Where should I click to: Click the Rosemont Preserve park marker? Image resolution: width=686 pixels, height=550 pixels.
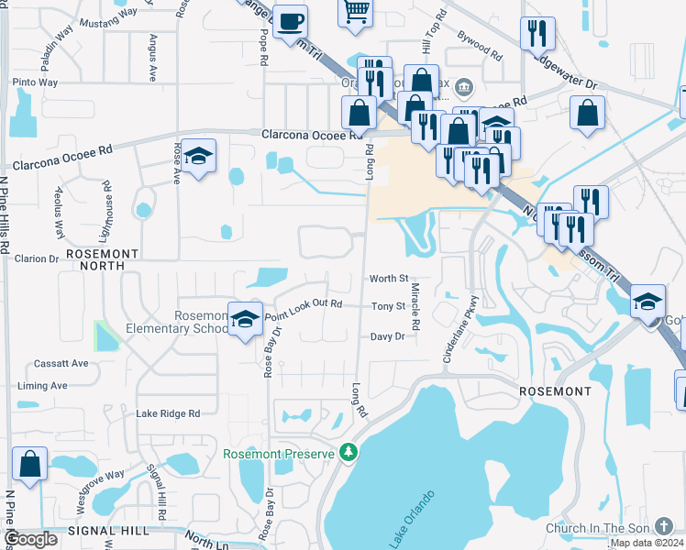(x=348, y=452)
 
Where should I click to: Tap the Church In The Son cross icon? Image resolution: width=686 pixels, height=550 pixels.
(x=665, y=527)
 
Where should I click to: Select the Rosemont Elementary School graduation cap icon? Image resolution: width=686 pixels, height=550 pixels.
(x=245, y=319)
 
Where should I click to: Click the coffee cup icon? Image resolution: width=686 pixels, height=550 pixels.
(x=291, y=20)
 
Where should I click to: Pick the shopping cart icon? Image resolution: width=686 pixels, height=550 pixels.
(x=356, y=11)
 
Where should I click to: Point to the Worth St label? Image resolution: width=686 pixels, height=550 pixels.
(x=388, y=279)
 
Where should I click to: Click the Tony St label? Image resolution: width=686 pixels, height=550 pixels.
(x=388, y=306)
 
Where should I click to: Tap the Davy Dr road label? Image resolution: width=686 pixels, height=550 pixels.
(x=387, y=336)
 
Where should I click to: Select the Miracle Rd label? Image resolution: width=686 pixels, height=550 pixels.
(x=415, y=307)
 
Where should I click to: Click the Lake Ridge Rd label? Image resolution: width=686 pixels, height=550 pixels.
(x=168, y=413)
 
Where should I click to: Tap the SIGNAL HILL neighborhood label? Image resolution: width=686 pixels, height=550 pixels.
(x=105, y=531)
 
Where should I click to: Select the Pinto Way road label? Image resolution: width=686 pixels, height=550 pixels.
(x=35, y=82)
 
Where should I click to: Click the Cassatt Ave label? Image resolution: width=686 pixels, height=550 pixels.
(x=61, y=363)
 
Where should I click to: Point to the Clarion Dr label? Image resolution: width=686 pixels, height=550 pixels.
(x=37, y=258)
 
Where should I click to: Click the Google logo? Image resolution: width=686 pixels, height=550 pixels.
(x=29, y=539)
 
